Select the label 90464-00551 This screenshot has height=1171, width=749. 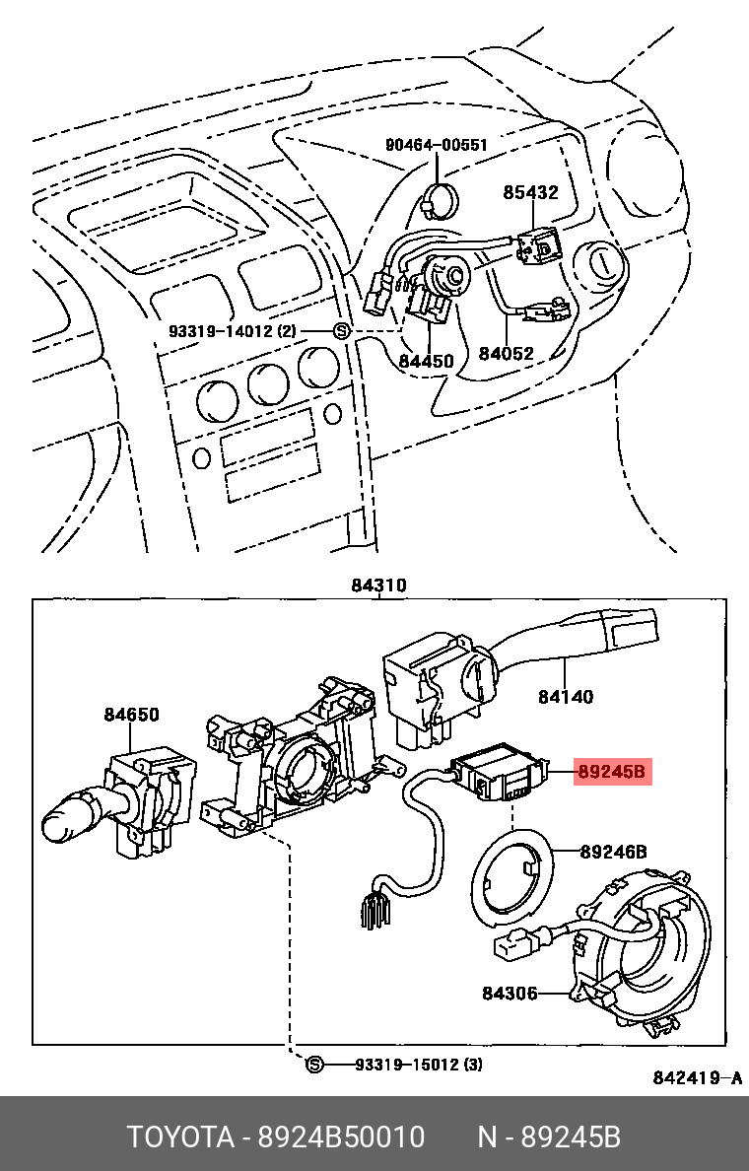coord(436,145)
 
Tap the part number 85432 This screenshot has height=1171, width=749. coord(530,192)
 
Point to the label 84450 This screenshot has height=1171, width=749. coord(426,362)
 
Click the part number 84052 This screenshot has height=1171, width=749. coord(507,353)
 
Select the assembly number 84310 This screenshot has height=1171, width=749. coord(378,585)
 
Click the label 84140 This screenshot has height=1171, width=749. coord(566,697)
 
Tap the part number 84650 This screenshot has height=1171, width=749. coord(131,715)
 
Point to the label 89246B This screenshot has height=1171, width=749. coord(613,851)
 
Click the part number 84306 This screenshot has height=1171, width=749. coord(510,993)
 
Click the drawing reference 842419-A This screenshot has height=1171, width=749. coord(697,1077)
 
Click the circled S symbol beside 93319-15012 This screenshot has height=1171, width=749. coord(314,1065)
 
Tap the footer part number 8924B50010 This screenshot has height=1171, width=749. coord(341,1137)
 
